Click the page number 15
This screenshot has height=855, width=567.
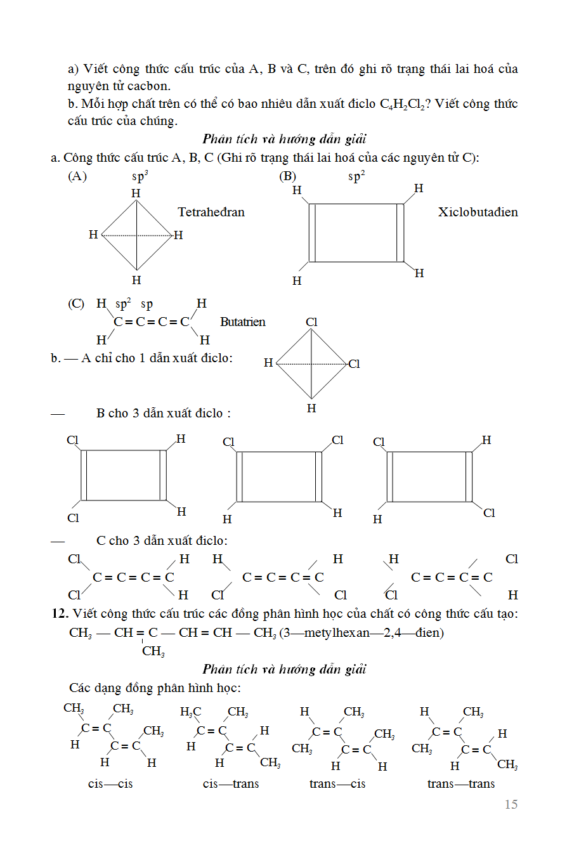[x=511, y=804]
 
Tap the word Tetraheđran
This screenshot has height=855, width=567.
[x=211, y=212]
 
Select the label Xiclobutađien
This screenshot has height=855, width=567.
[x=478, y=212]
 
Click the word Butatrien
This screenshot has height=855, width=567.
[x=243, y=322]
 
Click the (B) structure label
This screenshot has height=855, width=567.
[x=288, y=177]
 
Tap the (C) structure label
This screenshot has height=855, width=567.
[x=76, y=304]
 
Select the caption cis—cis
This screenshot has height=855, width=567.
[x=110, y=784]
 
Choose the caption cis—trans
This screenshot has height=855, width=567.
[x=231, y=784]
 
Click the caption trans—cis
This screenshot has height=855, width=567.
[x=337, y=784]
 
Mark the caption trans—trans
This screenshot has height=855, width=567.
[x=461, y=784]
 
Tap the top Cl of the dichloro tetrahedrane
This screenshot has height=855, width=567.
[x=311, y=322]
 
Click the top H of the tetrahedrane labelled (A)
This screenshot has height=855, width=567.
[x=136, y=193]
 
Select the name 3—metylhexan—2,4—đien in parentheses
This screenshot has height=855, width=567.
[x=363, y=632]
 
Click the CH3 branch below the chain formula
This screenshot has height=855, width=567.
[x=153, y=651]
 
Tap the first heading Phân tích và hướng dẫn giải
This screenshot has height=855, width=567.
[x=285, y=139]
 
